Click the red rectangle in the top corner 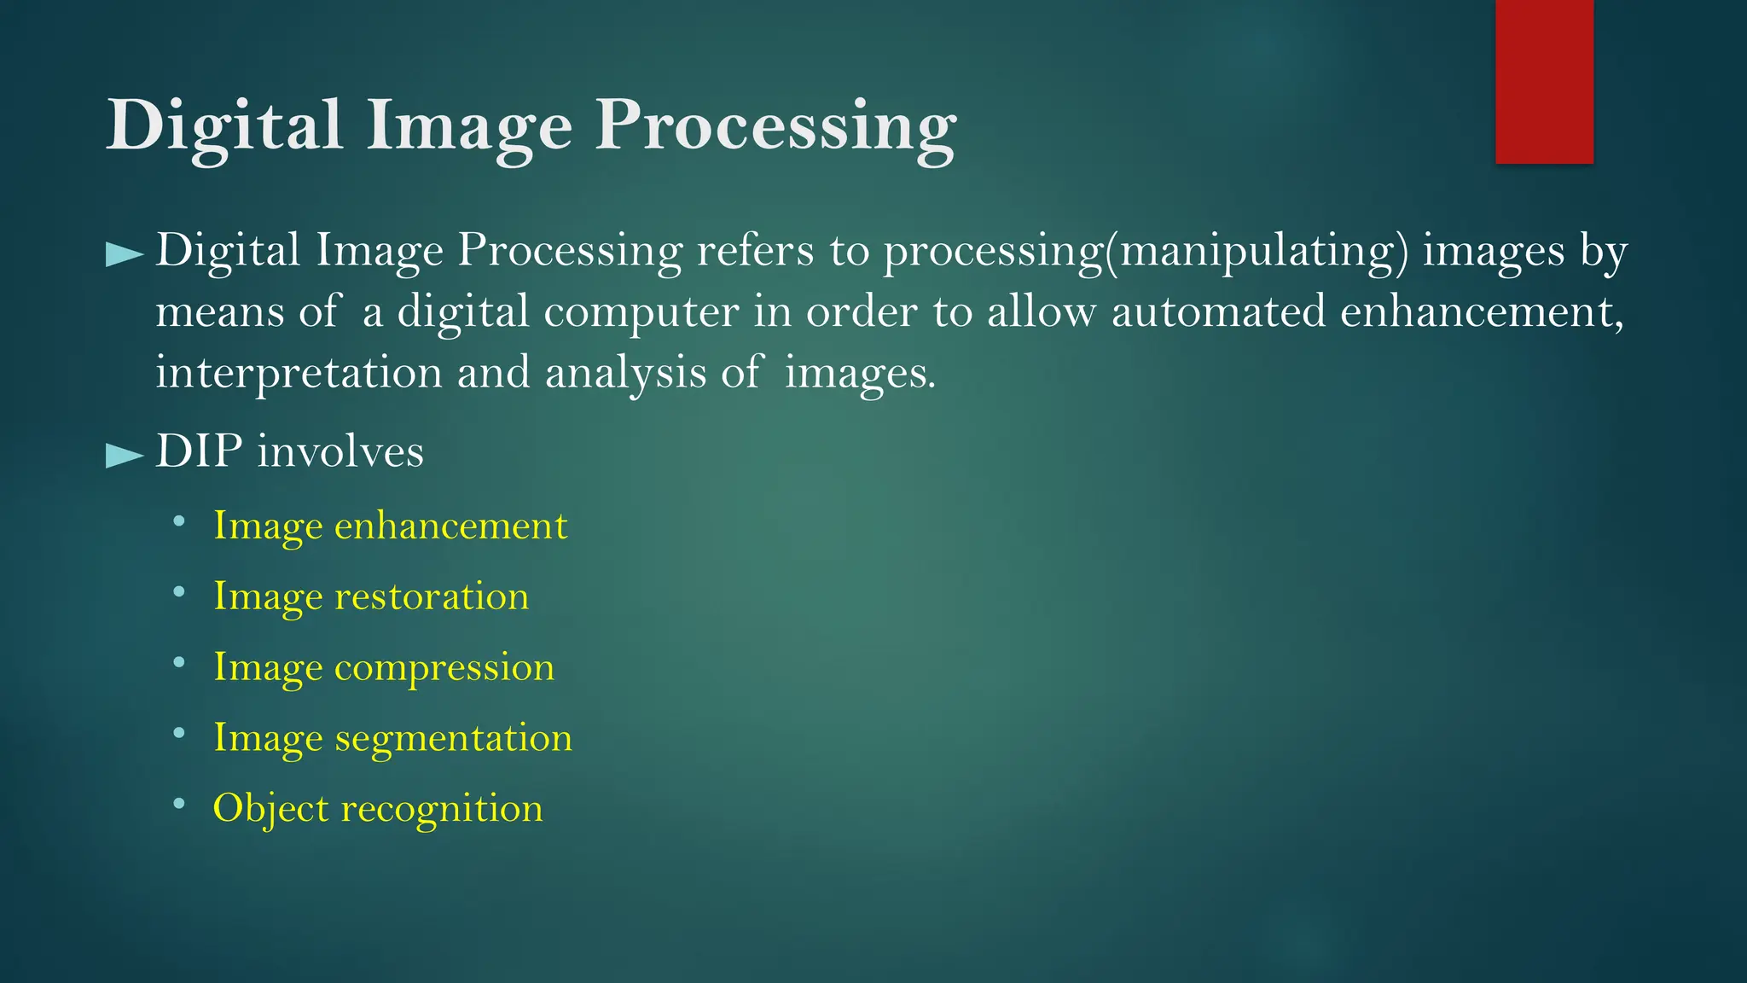(1544, 81)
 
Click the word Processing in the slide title (775, 126)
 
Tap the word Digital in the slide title (224, 126)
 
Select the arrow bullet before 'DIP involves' (124, 455)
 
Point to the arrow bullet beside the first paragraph (124, 254)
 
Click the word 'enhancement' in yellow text (450, 525)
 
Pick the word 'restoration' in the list (432, 596)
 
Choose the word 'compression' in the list (444, 667)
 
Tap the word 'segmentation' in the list (453, 738)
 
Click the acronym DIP (199, 451)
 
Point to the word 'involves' (340, 451)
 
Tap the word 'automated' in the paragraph (1218, 311)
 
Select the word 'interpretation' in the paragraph (299, 373)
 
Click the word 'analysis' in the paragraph (626, 373)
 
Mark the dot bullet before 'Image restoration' (178, 591)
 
